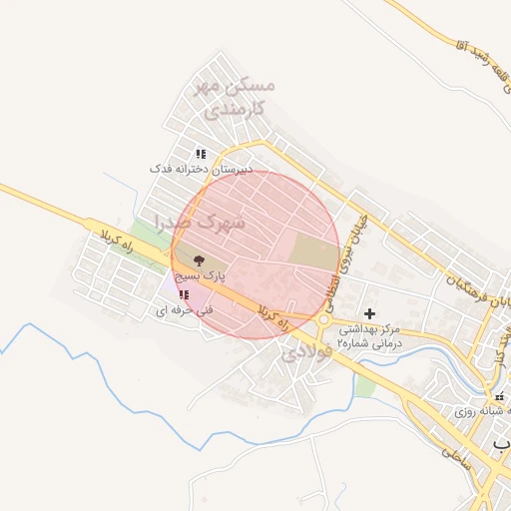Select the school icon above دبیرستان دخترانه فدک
coord(201,154)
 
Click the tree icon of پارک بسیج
coord(199,259)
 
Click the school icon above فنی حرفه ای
coord(184,294)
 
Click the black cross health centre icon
coord(369,313)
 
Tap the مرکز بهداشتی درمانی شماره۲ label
coord(368,334)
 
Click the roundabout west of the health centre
coord(324,321)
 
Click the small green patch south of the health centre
coord(366,384)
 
